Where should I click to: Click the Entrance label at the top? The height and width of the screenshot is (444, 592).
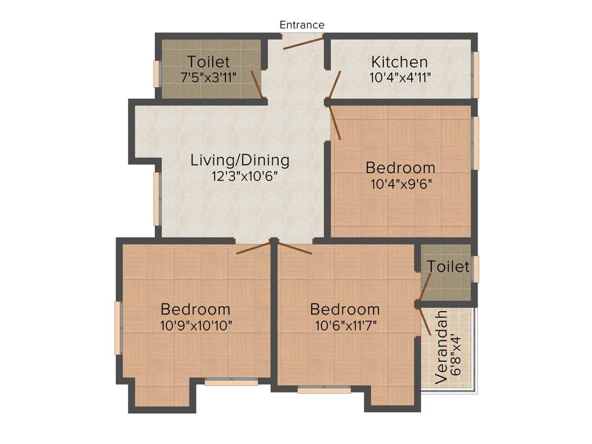(x=302, y=25)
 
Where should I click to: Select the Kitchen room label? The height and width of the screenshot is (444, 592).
(x=399, y=62)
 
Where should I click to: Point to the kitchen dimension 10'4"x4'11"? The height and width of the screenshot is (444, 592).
(x=400, y=77)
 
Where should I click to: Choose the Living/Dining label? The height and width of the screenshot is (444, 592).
(x=240, y=160)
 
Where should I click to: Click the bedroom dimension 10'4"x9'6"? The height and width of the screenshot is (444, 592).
(x=401, y=184)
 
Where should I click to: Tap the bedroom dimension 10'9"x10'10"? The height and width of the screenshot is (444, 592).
(x=196, y=325)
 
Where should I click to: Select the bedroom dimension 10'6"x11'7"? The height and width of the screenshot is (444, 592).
(x=345, y=325)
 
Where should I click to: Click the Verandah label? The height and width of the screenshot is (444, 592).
(x=442, y=347)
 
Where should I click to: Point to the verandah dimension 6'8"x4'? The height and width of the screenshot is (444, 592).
(x=456, y=347)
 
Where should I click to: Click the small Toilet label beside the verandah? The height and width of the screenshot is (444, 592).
(x=448, y=267)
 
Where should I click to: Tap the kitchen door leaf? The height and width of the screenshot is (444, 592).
(x=335, y=84)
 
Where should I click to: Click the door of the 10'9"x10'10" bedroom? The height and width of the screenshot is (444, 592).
(x=253, y=248)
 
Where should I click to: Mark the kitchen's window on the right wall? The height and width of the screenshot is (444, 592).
(x=476, y=75)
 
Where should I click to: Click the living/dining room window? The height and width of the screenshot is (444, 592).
(x=156, y=199)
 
